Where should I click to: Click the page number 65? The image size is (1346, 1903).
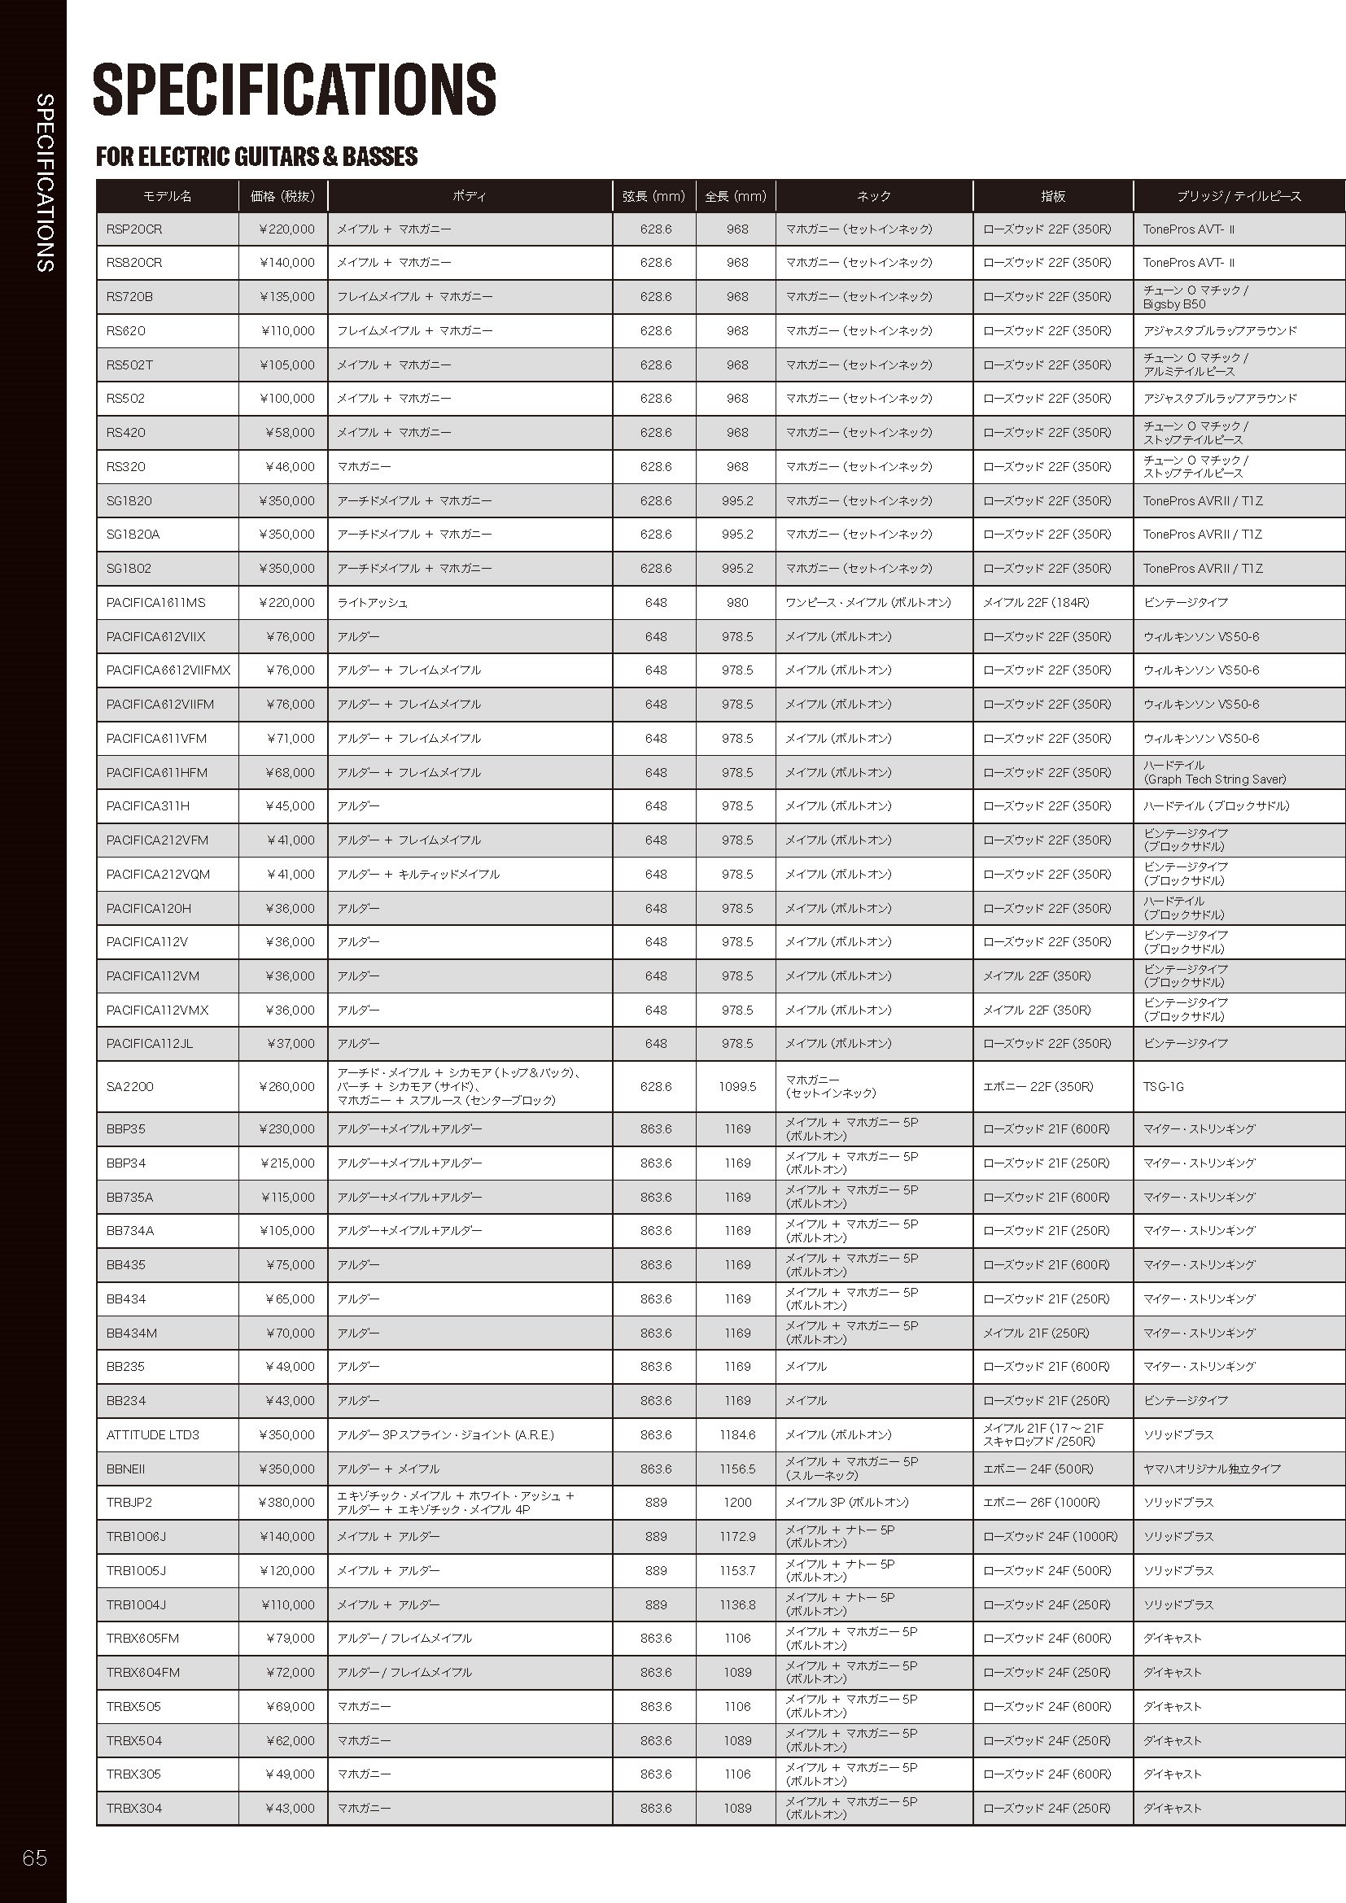pyautogui.click(x=35, y=1857)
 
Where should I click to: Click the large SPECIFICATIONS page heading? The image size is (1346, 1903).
pyautogui.click(x=295, y=89)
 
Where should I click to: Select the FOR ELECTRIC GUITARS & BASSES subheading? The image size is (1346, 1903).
pyautogui.click(x=257, y=157)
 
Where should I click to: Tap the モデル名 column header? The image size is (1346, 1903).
pyautogui.click(x=168, y=196)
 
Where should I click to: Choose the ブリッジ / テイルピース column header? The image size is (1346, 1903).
pyautogui.click(x=1239, y=196)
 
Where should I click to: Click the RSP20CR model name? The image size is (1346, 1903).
pyautogui.click(x=134, y=229)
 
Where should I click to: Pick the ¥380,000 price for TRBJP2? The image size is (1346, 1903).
pyautogui.click(x=286, y=1502)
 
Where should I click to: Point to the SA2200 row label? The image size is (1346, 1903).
pyautogui.click(x=130, y=1087)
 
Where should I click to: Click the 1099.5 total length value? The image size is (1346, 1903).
pyautogui.click(x=736, y=1087)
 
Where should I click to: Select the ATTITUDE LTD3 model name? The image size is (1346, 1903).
pyautogui.click(x=152, y=1434)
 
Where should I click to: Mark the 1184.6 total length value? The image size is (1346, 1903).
pyautogui.click(x=736, y=1434)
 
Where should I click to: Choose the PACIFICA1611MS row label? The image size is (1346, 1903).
pyautogui.click(x=155, y=603)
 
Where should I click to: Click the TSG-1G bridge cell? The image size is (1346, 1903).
pyautogui.click(x=1164, y=1087)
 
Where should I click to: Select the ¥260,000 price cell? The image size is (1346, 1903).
pyautogui.click(x=286, y=1087)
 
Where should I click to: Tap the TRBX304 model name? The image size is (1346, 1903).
pyautogui.click(x=134, y=1808)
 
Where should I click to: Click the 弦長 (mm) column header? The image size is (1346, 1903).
pyautogui.click(x=654, y=196)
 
